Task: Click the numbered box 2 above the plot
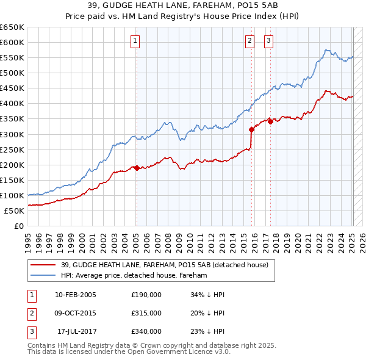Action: click(x=250, y=41)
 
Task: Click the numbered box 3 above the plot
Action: click(x=268, y=41)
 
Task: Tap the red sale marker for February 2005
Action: click(x=137, y=168)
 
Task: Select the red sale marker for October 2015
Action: click(x=251, y=129)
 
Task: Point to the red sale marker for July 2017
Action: click(x=270, y=121)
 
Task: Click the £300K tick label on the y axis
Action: click(x=13, y=134)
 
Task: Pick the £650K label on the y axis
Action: click(x=13, y=27)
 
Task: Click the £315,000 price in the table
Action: click(x=146, y=313)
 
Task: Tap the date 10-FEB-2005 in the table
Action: click(x=76, y=295)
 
